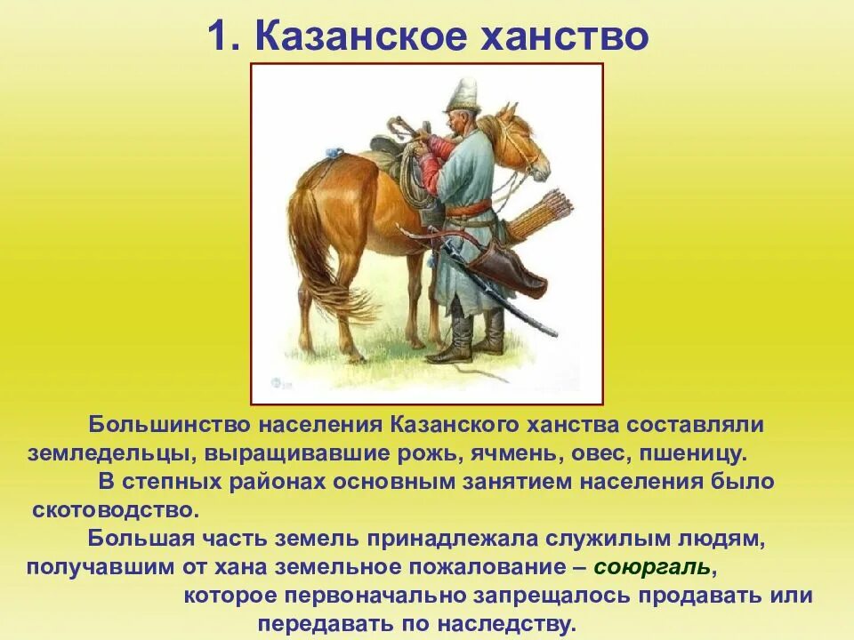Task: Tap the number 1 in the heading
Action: click(219, 36)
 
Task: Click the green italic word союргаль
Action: click(651, 566)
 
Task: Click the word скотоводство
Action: click(113, 510)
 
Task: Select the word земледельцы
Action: click(110, 452)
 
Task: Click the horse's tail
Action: click(316, 258)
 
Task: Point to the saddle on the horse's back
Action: click(396, 147)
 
